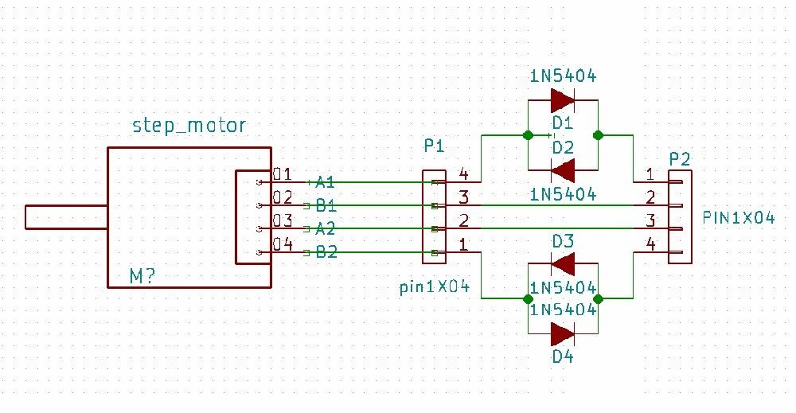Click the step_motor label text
(x=189, y=126)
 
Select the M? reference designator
(x=142, y=275)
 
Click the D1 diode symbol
(x=563, y=100)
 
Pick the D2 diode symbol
(x=563, y=169)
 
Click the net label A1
(x=326, y=181)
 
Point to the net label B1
(x=326, y=205)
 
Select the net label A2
(x=326, y=229)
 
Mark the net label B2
(x=326, y=253)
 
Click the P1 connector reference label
(x=434, y=146)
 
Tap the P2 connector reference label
(x=679, y=159)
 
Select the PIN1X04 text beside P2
(x=739, y=217)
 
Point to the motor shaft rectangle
(x=66, y=217)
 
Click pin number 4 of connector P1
(x=464, y=174)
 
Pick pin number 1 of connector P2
(x=650, y=174)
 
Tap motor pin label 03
(x=282, y=221)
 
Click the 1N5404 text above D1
(x=563, y=76)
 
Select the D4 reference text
(x=563, y=357)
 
